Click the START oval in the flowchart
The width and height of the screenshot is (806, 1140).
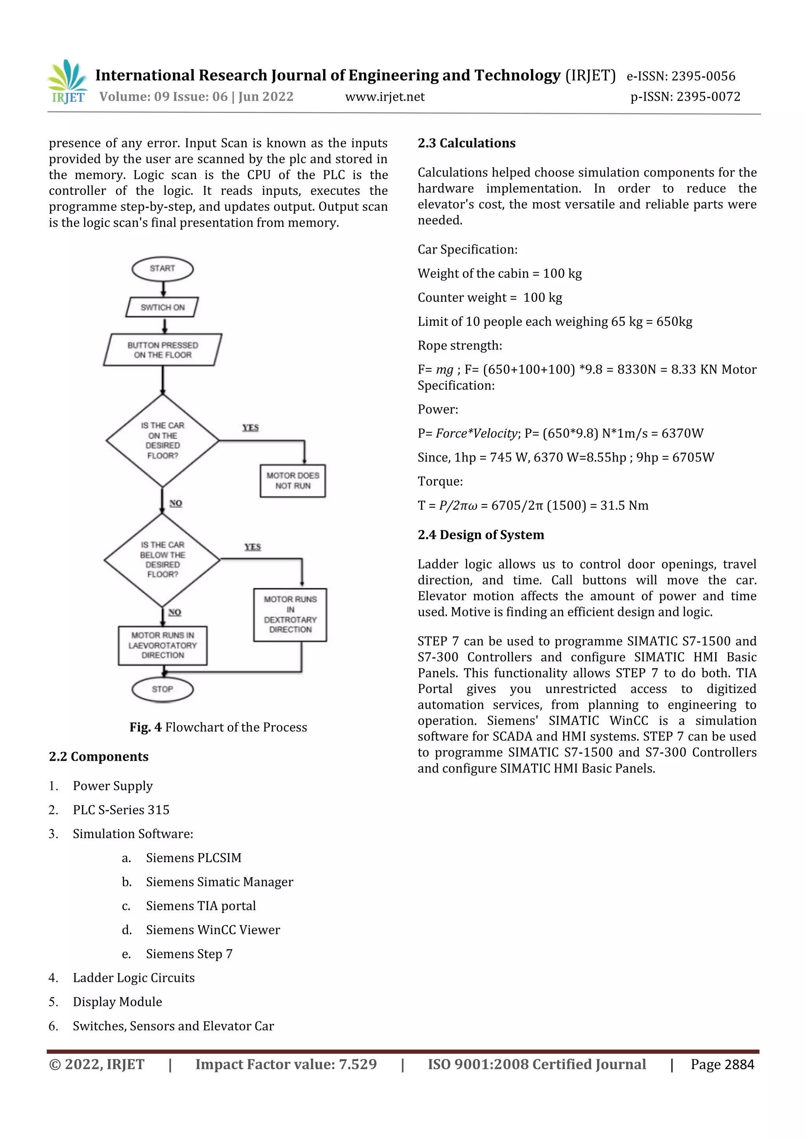coord(163,269)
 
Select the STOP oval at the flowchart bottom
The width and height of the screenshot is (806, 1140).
coord(163,689)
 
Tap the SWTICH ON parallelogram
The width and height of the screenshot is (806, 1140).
coord(163,307)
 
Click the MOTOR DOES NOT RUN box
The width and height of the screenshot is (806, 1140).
coord(292,480)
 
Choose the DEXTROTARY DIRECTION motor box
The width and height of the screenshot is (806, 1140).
coord(290,615)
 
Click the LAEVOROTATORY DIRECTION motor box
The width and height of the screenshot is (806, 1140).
coord(163,645)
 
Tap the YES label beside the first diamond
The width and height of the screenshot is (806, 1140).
coord(250,427)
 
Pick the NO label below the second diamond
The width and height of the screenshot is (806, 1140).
coord(174,612)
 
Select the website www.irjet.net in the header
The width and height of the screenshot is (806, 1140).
coord(385,97)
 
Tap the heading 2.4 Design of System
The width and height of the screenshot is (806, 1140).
coord(480,535)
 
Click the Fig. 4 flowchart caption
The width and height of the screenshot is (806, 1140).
coord(218,727)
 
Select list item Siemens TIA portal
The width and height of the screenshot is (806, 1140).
coord(201,905)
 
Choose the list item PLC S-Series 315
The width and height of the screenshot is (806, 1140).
coord(121,810)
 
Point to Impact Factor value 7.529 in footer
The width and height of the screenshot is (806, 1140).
coord(286,1064)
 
